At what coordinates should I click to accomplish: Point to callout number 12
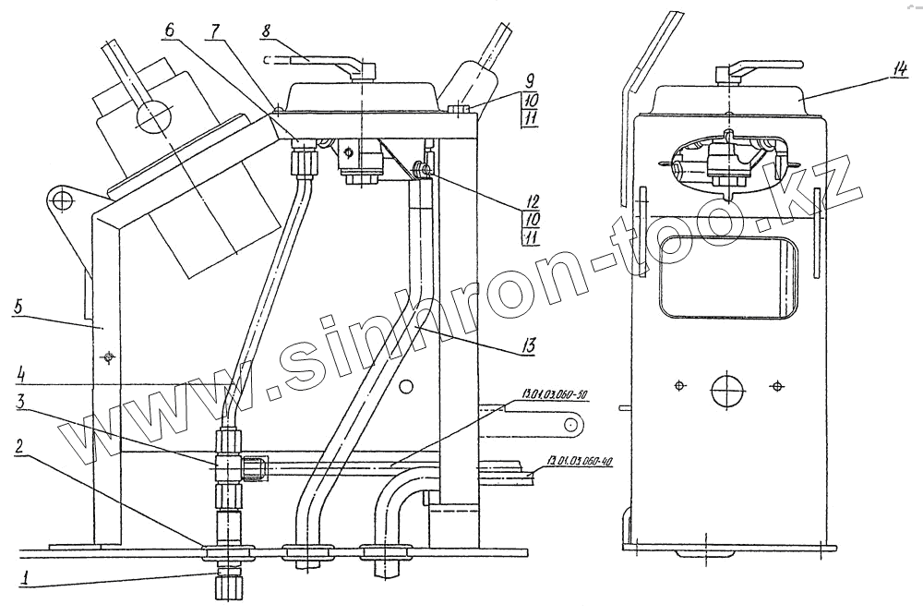tap(528, 199)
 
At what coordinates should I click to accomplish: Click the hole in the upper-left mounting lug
tap(62, 199)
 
